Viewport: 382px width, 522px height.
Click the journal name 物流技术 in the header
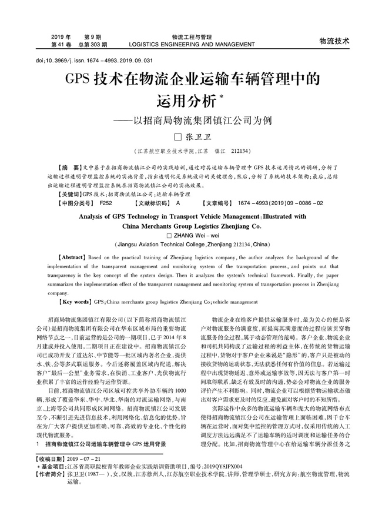click(x=334, y=41)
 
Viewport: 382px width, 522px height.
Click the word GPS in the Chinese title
click(x=79, y=80)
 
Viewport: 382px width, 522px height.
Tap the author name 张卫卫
click(x=198, y=139)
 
